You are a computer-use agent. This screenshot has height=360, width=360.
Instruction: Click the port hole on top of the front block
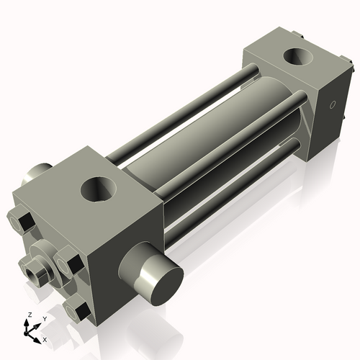pos(100,189)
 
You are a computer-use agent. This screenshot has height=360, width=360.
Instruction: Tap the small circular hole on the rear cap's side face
pos(332,107)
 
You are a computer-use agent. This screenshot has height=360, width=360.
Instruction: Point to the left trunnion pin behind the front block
pos(36,174)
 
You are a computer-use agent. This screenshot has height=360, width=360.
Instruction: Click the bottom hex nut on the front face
pos(78,310)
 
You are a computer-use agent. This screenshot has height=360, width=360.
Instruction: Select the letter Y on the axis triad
pos(44,318)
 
